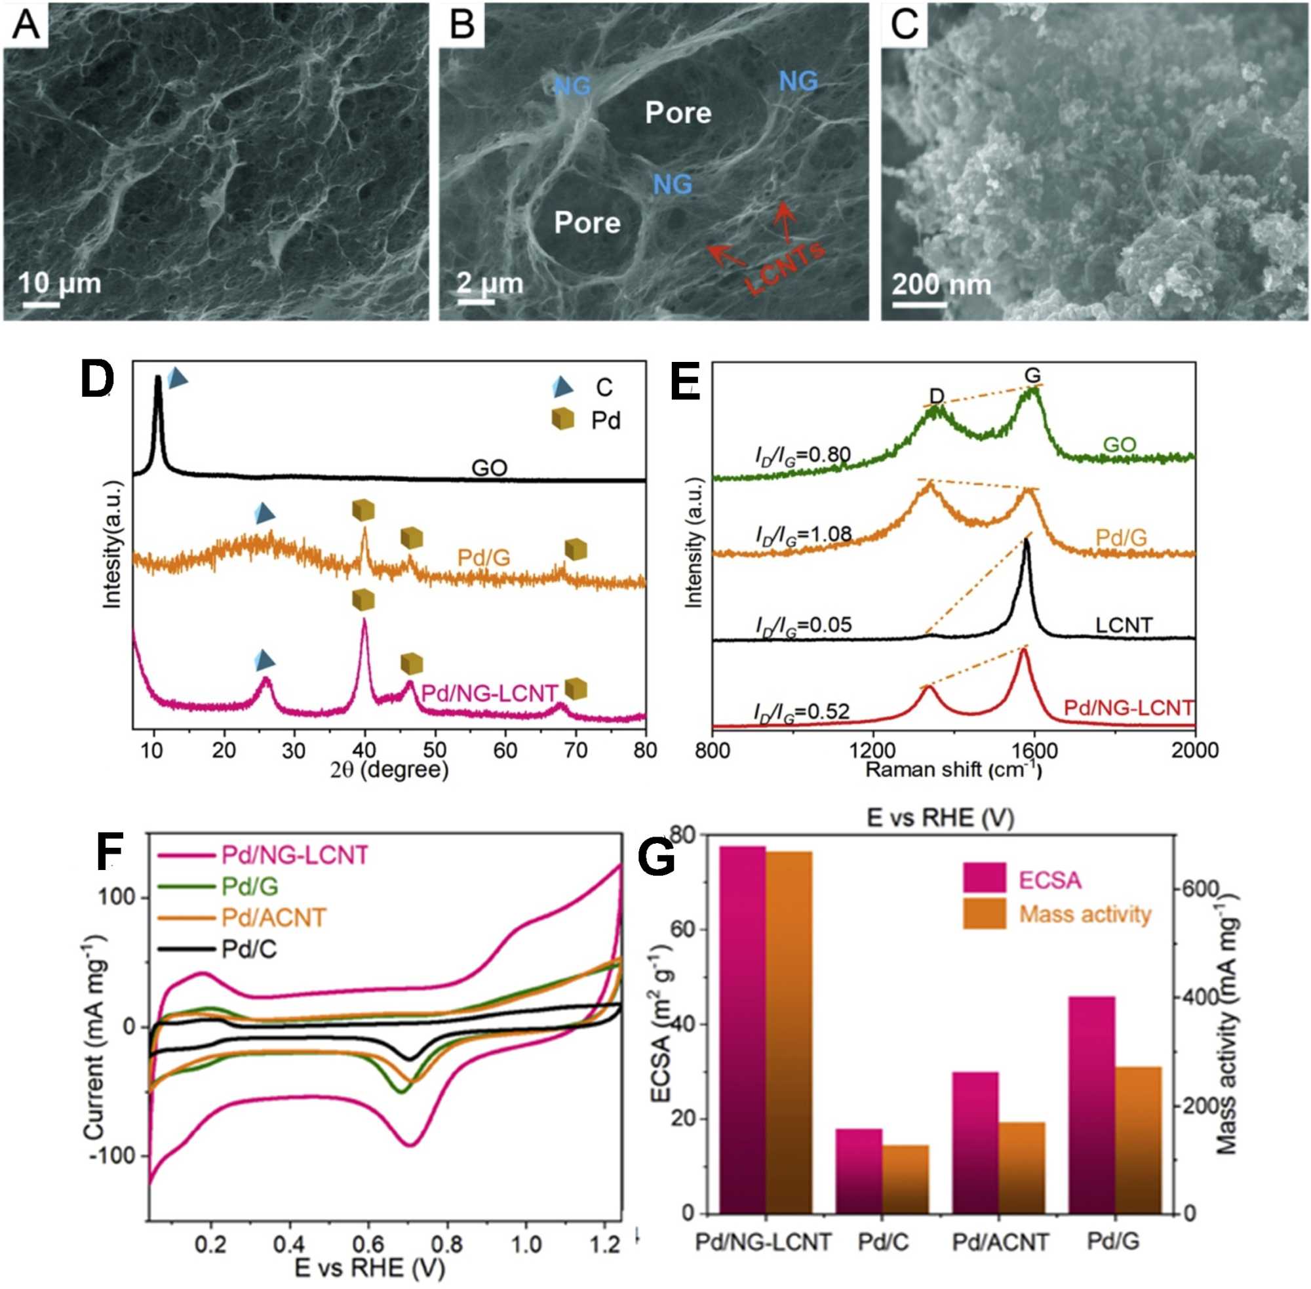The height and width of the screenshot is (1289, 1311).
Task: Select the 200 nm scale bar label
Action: click(x=941, y=284)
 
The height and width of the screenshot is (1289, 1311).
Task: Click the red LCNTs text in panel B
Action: click(x=785, y=268)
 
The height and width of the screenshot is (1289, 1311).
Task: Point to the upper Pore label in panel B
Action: click(x=678, y=112)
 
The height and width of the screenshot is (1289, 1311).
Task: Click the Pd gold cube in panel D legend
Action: click(x=562, y=420)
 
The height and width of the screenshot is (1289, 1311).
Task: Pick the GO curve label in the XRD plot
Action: click(x=490, y=468)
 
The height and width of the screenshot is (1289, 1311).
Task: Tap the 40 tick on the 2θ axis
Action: click(x=365, y=749)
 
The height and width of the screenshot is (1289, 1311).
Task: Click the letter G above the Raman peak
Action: click(x=1032, y=375)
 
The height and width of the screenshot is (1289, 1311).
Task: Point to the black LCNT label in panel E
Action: click(x=1124, y=625)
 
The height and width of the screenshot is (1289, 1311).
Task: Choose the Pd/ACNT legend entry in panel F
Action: click(x=274, y=917)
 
